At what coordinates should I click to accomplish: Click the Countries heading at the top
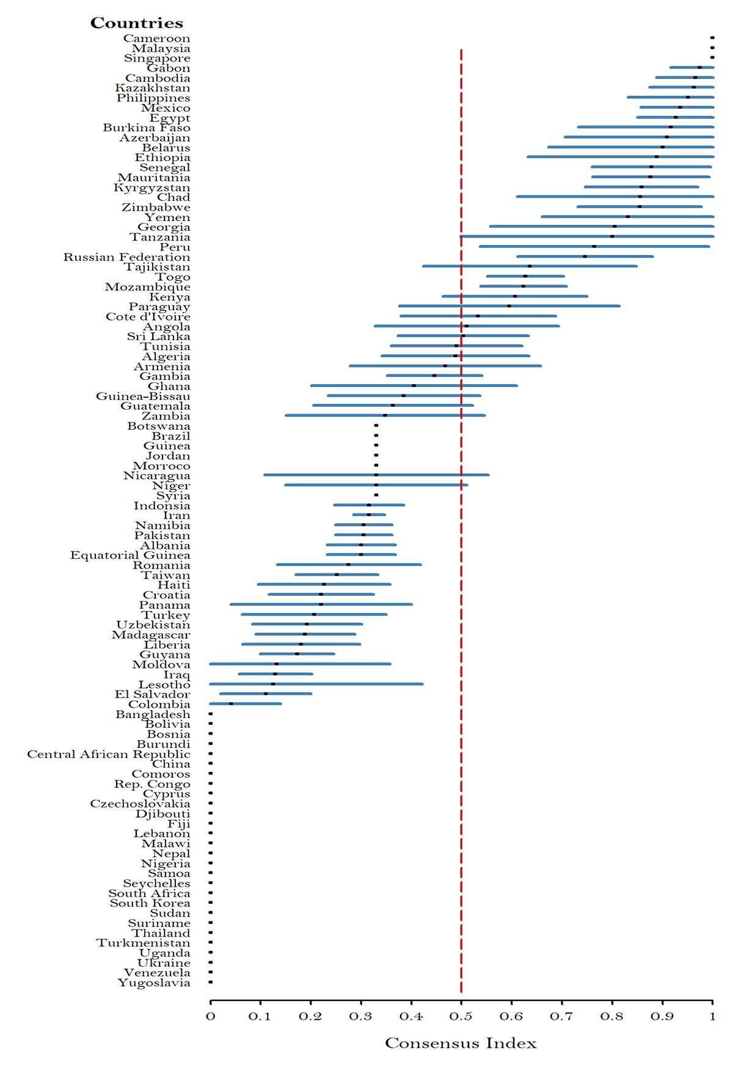click(136, 23)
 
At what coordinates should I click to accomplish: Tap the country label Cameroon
click(156, 38)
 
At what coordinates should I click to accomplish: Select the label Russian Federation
click(126, 257)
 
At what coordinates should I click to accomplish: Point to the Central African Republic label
click(109, 754)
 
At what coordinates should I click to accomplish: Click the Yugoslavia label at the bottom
click(154, 983)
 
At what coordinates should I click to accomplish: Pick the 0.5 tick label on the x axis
click(461, 1017)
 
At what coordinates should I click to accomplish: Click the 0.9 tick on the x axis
click(662, 1017)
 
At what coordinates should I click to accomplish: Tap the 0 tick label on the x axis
click(211, 1017)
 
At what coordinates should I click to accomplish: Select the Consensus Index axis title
click(461, 1044)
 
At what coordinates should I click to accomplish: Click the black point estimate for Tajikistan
click(530, 266)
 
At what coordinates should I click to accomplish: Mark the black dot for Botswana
click(376, 425)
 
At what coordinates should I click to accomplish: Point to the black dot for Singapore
click(712, 57)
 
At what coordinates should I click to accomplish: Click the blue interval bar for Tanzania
click(550, 236)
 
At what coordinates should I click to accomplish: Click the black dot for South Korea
click(211, 903)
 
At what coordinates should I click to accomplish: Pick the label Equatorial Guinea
click(130, 555)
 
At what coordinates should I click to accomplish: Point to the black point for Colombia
click(231, 703)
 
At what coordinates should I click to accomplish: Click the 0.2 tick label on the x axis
click(311, 1017)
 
